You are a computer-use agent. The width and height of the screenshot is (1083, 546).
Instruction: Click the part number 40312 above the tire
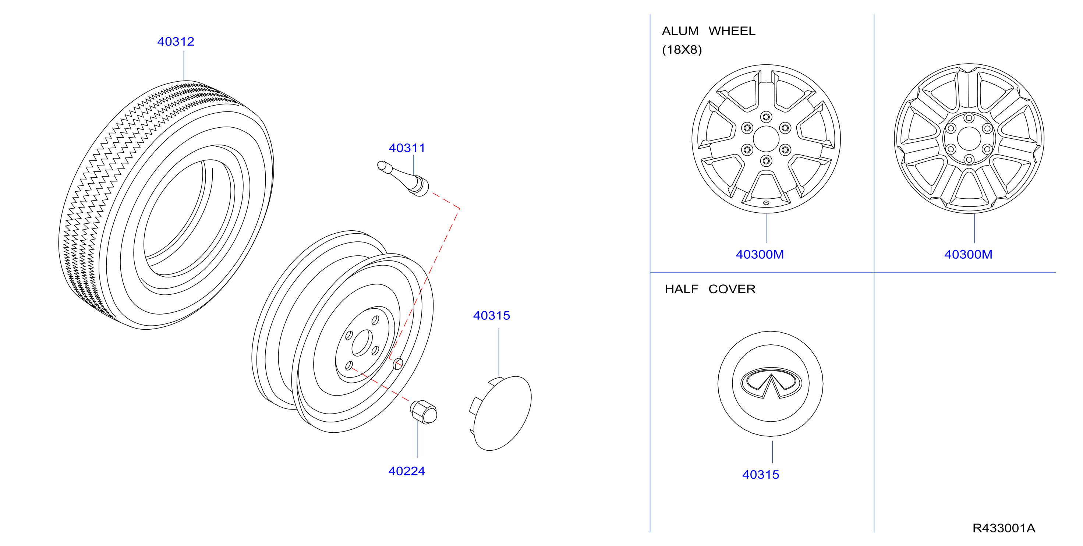pos(176,42)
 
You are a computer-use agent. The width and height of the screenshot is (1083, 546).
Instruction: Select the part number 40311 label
pos(407,148)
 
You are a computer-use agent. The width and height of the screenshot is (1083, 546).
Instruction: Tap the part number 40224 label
pos(407,471)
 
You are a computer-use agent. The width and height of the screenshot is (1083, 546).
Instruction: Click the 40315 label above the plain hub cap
pos(492,316)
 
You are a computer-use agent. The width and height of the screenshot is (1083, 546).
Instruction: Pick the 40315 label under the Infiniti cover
pos(761,475)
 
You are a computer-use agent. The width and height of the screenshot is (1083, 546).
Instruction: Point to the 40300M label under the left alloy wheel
pos(760,254)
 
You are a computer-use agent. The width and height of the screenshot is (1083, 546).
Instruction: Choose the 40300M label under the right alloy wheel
pos(968,254)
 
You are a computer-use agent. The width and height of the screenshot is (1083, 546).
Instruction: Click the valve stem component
pos(404,179)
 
